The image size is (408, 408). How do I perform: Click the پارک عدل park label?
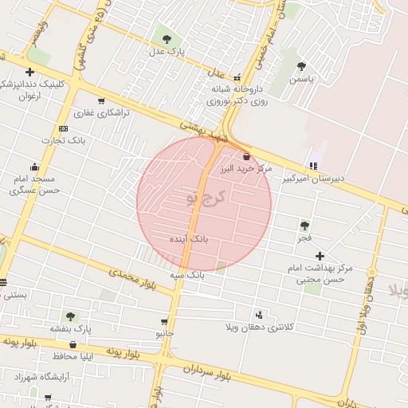(167, 51)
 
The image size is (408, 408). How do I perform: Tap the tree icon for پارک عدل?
(167, 38)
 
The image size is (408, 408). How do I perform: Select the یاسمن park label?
(302, 80)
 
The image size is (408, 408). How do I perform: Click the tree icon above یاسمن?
(301, 67)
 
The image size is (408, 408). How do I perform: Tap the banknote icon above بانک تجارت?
(63, 128)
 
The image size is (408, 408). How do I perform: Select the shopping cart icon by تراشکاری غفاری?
(101, 101)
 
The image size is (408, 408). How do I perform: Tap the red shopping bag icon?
(246, 157)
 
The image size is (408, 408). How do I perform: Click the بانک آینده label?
(189, 238)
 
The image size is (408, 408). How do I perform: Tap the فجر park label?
(304, 238)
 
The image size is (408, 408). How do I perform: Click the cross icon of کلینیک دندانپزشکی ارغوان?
(29, 72)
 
